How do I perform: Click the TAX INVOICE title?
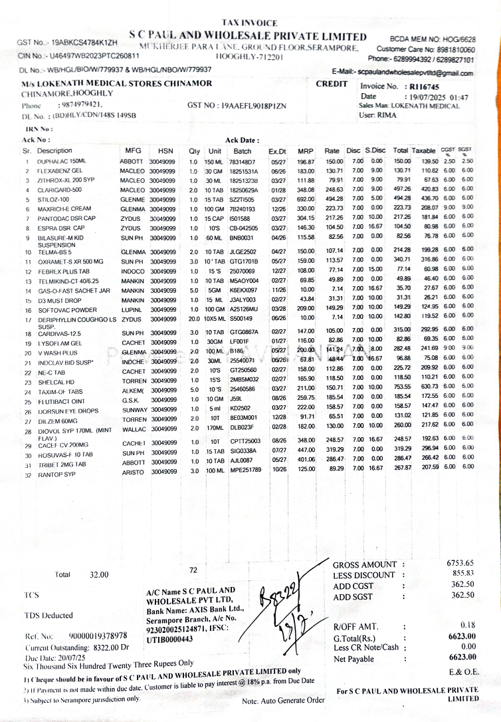tap(249, 23)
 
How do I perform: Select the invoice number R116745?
tap(425, 87)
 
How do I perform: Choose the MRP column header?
tap(305, 151)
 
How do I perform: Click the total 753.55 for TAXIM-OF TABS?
tap(401, 385)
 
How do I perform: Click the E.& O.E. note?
tap(460, 673)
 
